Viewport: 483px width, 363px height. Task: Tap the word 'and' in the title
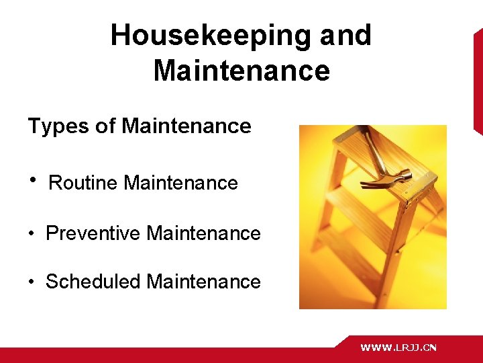[x=345, y=36]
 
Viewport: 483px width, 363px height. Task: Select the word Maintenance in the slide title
[x=241, y=71]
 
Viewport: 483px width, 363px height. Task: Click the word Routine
[x=85, y=183]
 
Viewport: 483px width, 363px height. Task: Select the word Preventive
[x=93, y=233]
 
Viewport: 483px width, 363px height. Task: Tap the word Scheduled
[x=93, y=281]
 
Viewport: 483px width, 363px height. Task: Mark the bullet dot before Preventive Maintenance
[x=32, y=234]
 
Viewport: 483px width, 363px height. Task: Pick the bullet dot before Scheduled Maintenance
[x=32, y=282]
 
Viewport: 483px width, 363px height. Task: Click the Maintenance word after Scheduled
[x=203, y=281]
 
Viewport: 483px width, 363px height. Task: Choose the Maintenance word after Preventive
[x=203, y=233]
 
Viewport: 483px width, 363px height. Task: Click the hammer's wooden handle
[x=373, y=147]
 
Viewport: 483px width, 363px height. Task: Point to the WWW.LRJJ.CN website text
[x=398, y=348]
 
